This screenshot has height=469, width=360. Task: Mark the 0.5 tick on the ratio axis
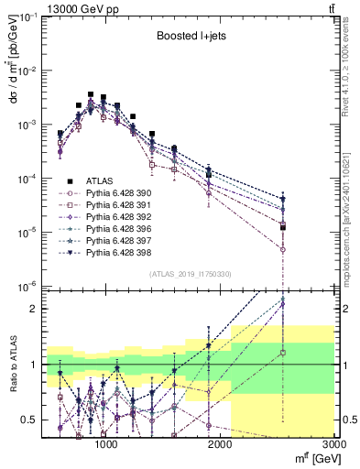click(30, 420)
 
